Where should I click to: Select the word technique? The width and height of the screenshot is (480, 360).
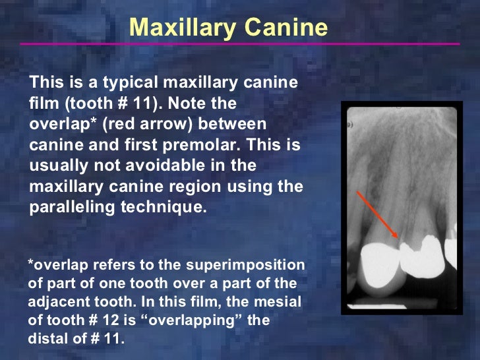169,206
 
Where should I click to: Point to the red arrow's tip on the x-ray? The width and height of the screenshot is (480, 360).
398,237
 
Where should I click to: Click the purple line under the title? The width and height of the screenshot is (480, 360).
240,44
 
